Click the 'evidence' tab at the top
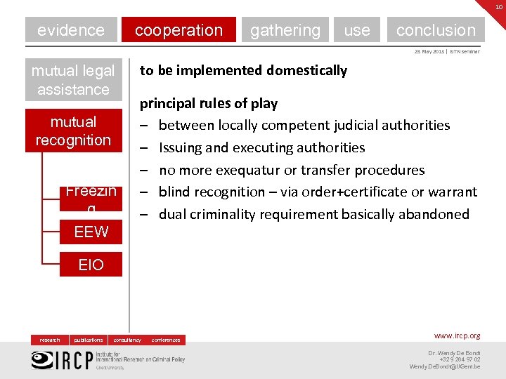(71, 30)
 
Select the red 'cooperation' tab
(179, 30)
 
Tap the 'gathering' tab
(285, 30)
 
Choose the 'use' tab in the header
(357, 30)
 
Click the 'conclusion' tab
(436, 30)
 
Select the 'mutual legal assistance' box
(73, 80)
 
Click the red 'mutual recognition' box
(73, 131)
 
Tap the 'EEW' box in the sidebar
(91, 232)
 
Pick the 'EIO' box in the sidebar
(91, 265)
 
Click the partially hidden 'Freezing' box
(91, 197)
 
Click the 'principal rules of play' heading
(209, 103)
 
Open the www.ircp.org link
(457, 336)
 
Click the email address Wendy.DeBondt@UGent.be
(445, 366)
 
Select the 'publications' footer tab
(89, 340)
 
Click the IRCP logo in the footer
(63, 359)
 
